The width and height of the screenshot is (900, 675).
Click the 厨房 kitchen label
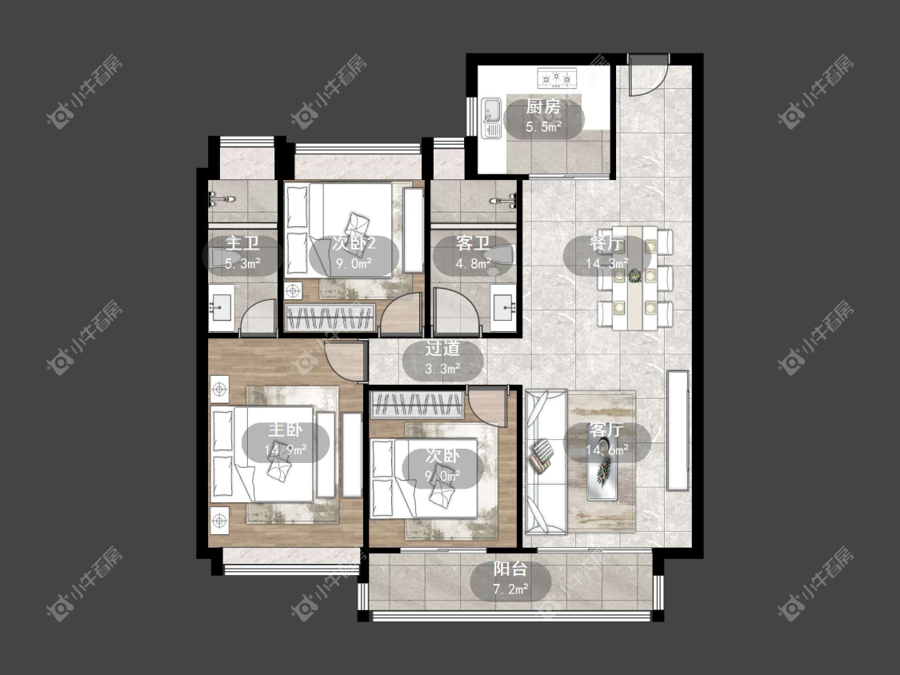543,106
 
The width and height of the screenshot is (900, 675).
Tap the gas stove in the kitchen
556,78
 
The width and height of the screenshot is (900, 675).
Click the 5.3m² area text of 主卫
242,264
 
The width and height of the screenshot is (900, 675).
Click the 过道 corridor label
442,349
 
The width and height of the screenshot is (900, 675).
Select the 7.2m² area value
511,589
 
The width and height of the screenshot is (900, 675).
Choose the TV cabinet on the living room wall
678,430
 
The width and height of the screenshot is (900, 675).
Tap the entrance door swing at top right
648,74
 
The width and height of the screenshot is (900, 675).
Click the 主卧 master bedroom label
286,430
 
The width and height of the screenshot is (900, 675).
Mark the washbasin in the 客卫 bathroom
505,309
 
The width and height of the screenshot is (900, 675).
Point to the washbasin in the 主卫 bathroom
221,309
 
